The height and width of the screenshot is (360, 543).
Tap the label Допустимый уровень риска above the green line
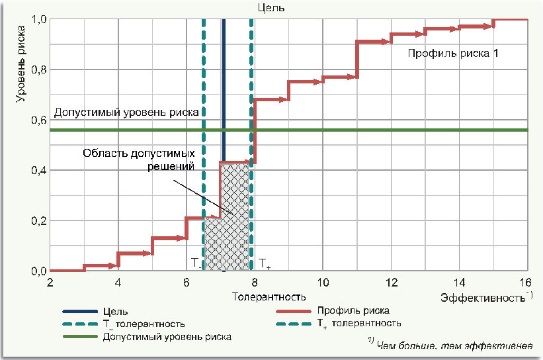[126, 112]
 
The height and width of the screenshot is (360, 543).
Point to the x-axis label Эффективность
[483, 298]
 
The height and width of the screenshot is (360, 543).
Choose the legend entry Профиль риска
[353, 310]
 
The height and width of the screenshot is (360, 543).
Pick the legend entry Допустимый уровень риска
[167, 336]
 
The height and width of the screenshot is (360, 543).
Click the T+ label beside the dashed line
[265, 263]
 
